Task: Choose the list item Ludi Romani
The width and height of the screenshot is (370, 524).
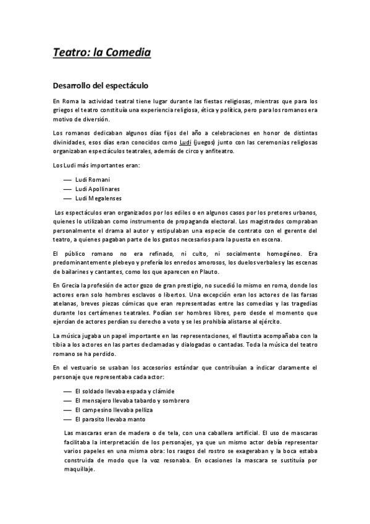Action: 92,179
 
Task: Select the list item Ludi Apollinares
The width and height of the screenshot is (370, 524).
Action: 97,188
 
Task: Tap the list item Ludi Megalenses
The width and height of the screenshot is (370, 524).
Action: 98,198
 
